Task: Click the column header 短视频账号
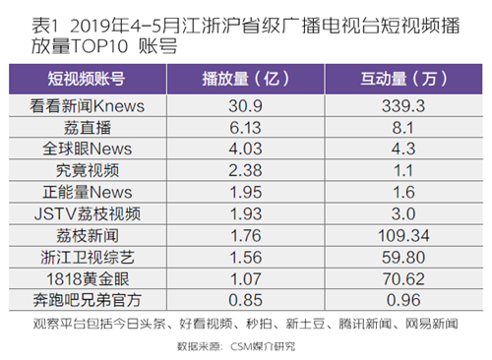click(87, 79)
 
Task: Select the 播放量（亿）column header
click(245, 79)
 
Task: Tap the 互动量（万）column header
click(403, 79)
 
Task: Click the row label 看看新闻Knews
click(87, 106)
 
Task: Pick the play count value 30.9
click(245, 106)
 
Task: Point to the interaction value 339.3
click(403, 106)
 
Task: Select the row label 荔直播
click(88, 128)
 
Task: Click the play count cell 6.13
click(245, 128)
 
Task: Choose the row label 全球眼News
click(87, 149)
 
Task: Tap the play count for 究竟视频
click(245, 170)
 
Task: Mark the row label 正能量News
click(88, 192)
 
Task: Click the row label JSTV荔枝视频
click(88, 213)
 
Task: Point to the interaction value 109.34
click(403, 236)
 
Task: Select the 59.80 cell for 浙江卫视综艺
click(403, 258)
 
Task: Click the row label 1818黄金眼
click(88, 279)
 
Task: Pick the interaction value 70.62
click(403, 279)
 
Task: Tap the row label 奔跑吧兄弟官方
click(87, 300)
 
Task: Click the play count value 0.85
click(245, 300)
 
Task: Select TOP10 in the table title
click(99, 46)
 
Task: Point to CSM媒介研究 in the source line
click(263, 346)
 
